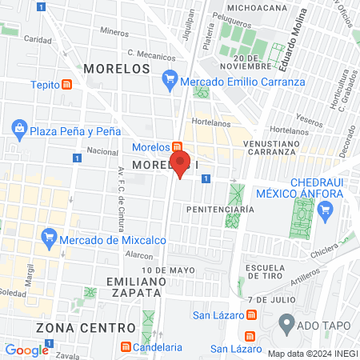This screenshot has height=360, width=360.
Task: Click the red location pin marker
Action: pyautogui.click(x=181, y=162)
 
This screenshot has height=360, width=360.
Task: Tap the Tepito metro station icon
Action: pyautogui.click(x=67, y=84)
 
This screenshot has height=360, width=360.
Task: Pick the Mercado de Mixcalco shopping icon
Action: pyautogui.click(x=49, y=235)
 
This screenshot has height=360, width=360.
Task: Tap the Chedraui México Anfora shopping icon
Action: pyautogui.click(x=324, y=210)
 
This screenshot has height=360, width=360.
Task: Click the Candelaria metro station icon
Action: pyautogui.click(x=126, y=348)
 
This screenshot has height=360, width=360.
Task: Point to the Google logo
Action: pyautogui.click(x=27, y=350)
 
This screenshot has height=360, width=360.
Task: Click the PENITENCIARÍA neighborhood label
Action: pyautogui.click(x=220, y=209)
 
